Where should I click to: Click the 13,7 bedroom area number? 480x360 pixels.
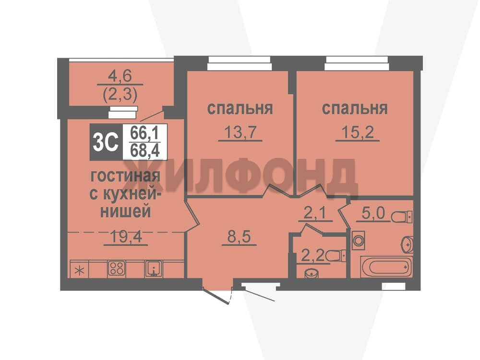pyautogui.click(x=240, y=132)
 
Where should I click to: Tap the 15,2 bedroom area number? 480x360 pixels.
pyautogui.click(x=357, y=132)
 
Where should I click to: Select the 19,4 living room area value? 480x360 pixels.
pyautogui.click(x=126, y=237)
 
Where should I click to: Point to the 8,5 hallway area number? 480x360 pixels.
pyautogui.click(x=239, y=237)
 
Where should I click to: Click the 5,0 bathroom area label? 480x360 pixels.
pyautogui.click(x=373, y=213)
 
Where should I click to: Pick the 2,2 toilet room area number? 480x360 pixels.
pyautogui.click(x=313, y=256)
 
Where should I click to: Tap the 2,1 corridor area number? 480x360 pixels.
pyautogui.click(x=315, y=213)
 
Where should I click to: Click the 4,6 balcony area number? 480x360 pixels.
pyautogui.click(x=120, y=76)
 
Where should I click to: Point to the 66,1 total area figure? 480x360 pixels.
pyautogui.click(x=144, y=133)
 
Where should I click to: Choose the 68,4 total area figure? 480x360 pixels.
pyautogui.click(x=144, y=151)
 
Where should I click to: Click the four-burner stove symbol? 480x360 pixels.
pyautogui.click(x=116, y=269)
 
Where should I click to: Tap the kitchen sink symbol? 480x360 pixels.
pyautogui.click(x=154, y=269)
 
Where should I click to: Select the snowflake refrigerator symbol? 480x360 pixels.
pyautogui.click(x=80, y=271)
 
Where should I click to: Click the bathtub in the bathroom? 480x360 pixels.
pyautogui.click(x=386, y=266)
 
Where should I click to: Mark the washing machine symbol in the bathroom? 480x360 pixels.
pyautogui.click(x=358, y=240)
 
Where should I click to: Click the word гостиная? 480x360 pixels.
pyautogui.click(x=125, y=177)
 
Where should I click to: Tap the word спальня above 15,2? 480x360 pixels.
pyautogui.click(x=355, y=108)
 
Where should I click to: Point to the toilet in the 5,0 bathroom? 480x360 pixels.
pyautogui.click(x=401, y=217)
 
